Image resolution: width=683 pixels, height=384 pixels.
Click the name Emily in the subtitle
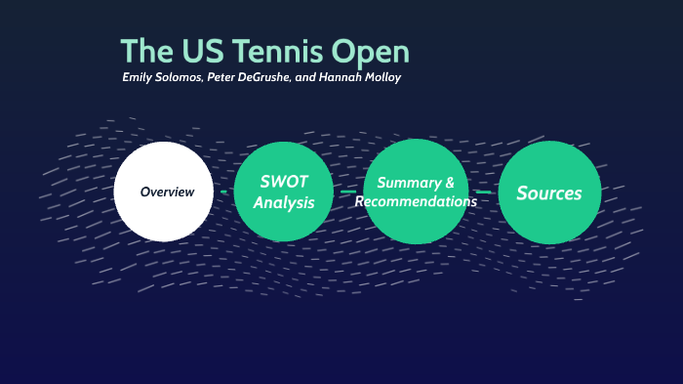point(138,76)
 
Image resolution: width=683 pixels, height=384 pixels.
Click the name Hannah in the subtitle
point(341,76)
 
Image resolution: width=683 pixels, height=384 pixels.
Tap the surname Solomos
point(181,76)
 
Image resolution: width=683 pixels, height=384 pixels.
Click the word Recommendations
point(416,201)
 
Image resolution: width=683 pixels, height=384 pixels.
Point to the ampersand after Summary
point(449,183)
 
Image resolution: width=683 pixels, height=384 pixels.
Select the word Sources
point(548,192)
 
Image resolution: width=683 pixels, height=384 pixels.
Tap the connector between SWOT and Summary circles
point(348,192)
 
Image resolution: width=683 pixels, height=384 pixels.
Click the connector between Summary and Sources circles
point(484,192)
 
